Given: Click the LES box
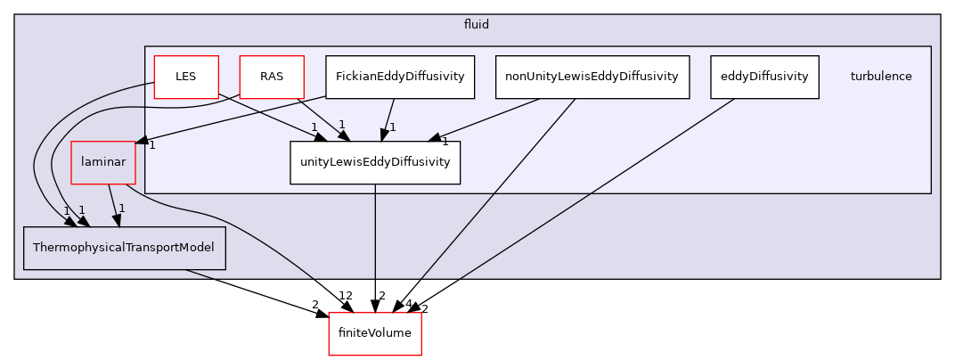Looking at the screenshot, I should [x=185, y=77].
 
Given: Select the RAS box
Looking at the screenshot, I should [x=272, y=77].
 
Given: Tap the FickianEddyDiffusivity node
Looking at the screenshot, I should [x=399, y=77].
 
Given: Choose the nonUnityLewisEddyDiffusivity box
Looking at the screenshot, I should [x=592, y=77].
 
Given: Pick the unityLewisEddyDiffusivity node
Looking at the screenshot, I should [x=374, y=162].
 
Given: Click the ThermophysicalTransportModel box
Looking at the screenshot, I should [x=124, y=248].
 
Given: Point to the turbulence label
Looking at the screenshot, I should [x=880, y=77].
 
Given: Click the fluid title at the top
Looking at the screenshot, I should [x=477, y=25].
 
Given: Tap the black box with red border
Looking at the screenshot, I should [x=374, y=333].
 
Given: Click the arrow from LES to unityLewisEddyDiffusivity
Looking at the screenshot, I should [x=267, y=116].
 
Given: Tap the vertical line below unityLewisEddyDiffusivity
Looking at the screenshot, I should [x=375, y=232].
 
